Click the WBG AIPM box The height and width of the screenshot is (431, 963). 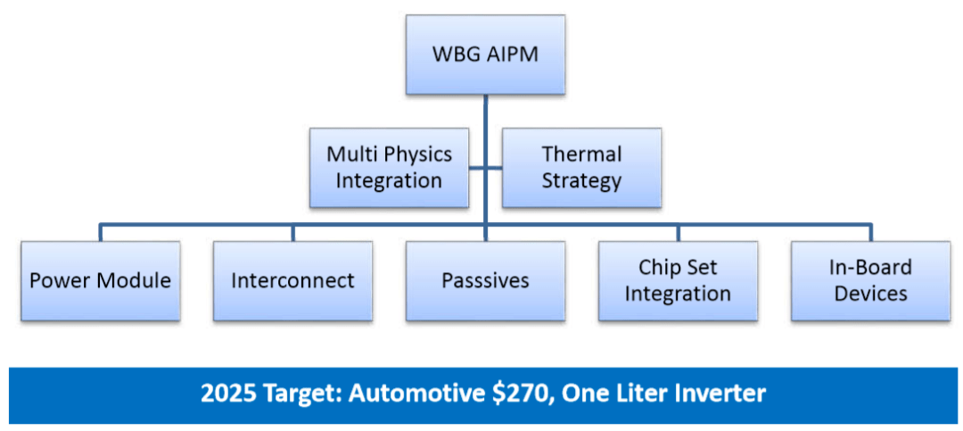tap(485, 54)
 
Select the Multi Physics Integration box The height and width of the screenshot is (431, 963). tap(389, 168)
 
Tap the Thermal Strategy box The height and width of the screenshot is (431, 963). tap(581, 168)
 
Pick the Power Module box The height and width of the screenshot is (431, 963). tap(100, 280)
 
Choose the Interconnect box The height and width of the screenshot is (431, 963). tap(292, 280)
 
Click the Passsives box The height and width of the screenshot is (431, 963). tap(485, 280)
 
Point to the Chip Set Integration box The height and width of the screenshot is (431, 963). tap(678, 280)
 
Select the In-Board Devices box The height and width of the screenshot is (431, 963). tap(870, 280)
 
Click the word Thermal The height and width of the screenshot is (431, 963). tap(581, 154)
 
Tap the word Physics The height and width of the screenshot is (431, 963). tap(418, 154)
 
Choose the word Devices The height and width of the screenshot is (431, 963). tap(870, 294)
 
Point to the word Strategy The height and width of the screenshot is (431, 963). tap(581, 181)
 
